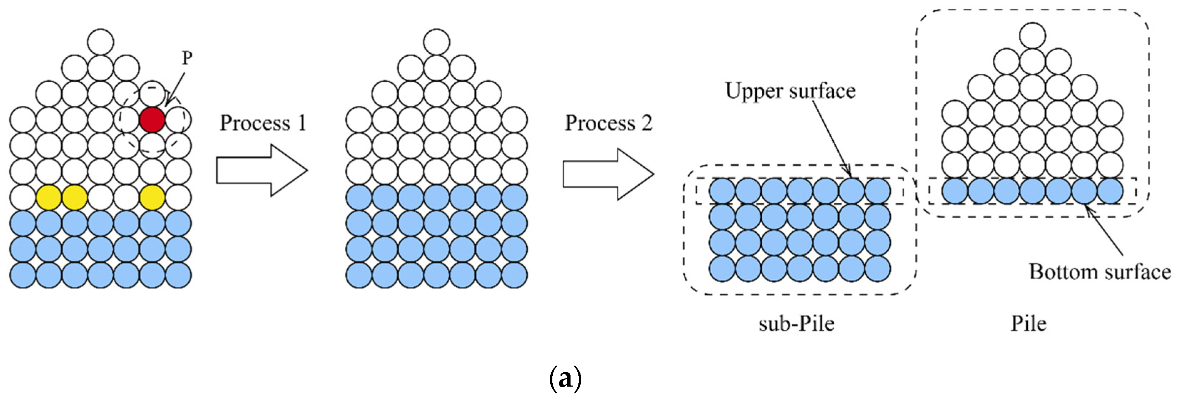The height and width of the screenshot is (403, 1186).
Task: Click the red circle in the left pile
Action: point(152,120)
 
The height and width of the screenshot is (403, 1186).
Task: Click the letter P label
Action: point(186,58)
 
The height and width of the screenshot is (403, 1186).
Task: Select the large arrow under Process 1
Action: point(261,171)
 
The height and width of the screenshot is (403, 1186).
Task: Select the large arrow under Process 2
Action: point(608,174)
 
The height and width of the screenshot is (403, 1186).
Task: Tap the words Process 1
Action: point(263,123)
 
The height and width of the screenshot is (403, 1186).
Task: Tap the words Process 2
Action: point(608,123)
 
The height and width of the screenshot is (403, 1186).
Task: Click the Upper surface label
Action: point(790,91)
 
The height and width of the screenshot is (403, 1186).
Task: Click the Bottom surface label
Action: point(1099,272)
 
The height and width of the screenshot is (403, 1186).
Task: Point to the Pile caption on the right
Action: point(1028,324)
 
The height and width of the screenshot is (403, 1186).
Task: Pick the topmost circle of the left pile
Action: point(100,42)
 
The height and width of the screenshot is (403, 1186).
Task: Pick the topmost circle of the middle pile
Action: point(436,42)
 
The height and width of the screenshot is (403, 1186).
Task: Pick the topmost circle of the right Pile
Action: point(1032,35)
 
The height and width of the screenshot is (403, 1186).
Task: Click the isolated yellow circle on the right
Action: point(152,198)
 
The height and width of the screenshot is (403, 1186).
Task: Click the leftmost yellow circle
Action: point(49,198)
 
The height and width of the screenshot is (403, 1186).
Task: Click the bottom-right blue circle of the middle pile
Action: point(514,275)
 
